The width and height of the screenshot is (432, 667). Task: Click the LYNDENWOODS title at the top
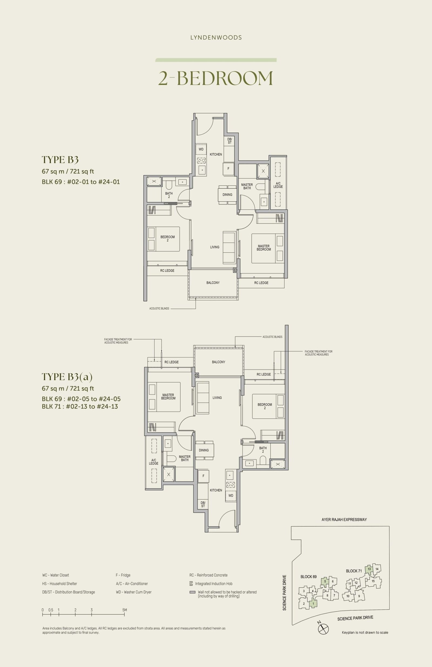216,38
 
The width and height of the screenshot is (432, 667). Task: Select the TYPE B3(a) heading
67,377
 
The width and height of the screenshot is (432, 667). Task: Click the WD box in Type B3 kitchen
201,149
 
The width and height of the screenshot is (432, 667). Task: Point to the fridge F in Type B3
228,169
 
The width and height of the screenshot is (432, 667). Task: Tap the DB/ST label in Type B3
230,141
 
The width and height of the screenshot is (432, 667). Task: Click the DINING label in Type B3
227,195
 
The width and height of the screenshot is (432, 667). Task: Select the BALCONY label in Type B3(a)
218,362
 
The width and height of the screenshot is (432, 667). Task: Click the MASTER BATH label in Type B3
247,186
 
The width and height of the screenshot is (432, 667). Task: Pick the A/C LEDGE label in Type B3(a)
154,462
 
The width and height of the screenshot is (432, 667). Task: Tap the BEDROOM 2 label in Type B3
168,239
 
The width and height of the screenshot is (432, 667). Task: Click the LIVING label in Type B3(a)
217,398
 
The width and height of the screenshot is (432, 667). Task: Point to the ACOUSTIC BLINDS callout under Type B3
159,309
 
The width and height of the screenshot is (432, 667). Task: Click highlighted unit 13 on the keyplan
369,569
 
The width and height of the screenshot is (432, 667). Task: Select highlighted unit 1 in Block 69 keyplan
313,604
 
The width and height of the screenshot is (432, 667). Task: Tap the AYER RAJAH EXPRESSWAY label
344,519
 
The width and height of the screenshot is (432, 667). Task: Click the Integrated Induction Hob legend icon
191,583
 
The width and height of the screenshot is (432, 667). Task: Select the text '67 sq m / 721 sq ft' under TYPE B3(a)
68,389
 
